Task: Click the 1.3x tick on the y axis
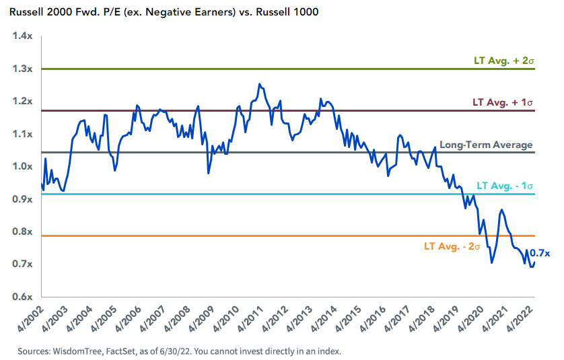click(x=23, y=69)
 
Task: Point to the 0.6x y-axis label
click(x=23, y=297)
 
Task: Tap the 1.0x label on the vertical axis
click(x=23, y=166)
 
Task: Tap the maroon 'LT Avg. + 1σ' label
click(x=503, y=102)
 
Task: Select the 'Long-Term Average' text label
click(x=486, y=145)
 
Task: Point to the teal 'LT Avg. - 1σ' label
click(x=505, y=185)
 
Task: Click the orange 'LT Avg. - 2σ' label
click(x=452, y=246)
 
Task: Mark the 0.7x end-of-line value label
click(x=540, y=253)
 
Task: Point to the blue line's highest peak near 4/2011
click(x=260, y=84)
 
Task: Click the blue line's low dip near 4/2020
click(x=491, y=262)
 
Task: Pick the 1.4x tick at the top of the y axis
click(x=23, y=36)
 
